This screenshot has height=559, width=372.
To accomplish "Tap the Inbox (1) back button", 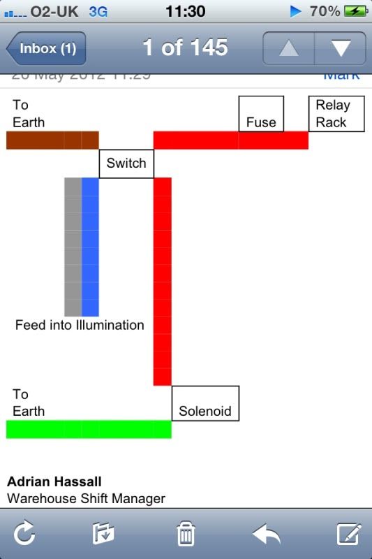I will tap(46, 49).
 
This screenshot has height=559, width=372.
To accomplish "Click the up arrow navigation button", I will tap(288, 49).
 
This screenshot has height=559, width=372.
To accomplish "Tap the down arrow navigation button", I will tap(341, 49).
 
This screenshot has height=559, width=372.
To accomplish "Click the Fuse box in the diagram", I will tap(261, 114).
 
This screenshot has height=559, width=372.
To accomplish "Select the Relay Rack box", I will tap(338, 114).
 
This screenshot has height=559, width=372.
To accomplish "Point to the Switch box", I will tap(126, 164).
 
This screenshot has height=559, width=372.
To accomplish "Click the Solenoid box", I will tap(205, 403).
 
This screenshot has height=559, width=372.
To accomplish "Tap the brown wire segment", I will tap(52, 140).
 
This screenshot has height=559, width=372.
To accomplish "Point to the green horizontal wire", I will tap(89, 429).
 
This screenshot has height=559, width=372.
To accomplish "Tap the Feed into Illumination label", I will tap(80, 325).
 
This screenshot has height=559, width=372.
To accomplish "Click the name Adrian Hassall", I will tap(54, 482).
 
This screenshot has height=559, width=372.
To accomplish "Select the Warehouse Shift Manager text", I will tap(86, 499).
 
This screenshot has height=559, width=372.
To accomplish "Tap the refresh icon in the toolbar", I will tap(24, 535).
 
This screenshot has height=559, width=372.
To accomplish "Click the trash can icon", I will tap(186, 535).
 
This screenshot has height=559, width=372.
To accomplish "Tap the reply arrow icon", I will tap(267, 535).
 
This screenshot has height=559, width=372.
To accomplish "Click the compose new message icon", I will tap(348, 535).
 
